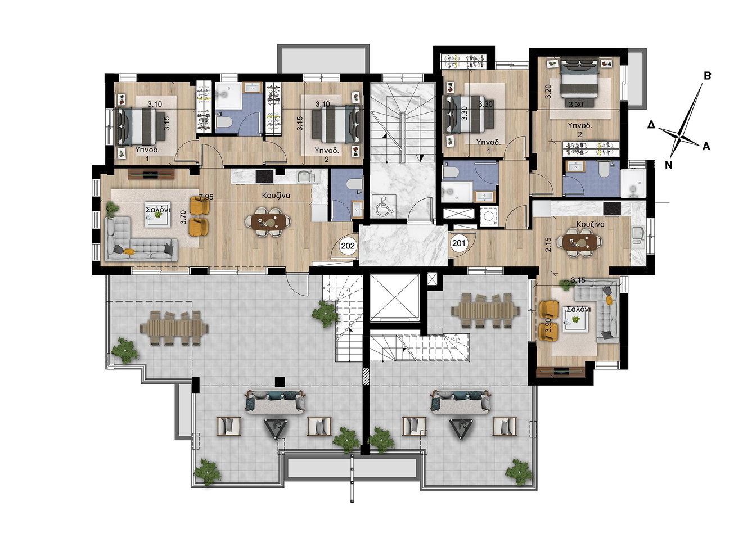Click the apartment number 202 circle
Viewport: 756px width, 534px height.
pyautogui.click(x=348, y=246)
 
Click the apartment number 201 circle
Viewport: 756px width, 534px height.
pyautogui.click(x=459, y=242)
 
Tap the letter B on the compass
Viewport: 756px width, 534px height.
pyautogui.click(x=707, y=76)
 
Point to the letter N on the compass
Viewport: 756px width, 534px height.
pyautogui.click(x=668, y=165)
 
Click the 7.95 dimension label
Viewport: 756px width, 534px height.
pyautogui.click(x=206, y=197)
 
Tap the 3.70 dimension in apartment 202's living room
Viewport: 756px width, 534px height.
pyautogui.click(x=183, y=218)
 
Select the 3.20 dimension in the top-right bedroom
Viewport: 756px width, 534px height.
pyautogui.click(x=548, y=91)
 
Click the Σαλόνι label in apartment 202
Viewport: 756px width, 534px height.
pyautogui.click(x=158, y=210)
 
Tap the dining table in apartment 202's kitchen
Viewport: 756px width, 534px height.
pyautogui.click(x=268, y=221)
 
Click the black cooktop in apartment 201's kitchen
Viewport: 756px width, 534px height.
pyautogui.click(x=612, y=208)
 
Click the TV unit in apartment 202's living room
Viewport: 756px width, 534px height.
pyautogui.click(x=151, y=174)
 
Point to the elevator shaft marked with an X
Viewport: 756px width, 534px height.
pyautogui.click(x=394, y=297)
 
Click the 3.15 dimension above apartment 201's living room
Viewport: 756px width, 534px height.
pyautogui.click(x=578, y=280)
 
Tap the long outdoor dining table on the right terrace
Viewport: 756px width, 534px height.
pyautogui.click(x=486, y=310)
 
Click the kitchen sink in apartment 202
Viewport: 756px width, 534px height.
pyautogui.click(x=306, y=176)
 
